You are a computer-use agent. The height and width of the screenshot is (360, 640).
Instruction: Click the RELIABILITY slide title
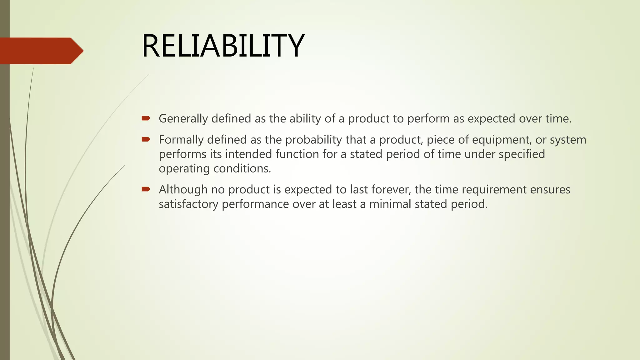click(x=223, y=46)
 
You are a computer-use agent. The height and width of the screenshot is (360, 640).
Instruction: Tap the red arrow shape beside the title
click(x=41, y=51)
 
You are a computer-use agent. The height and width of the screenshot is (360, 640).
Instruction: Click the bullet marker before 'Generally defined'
click(x=146, y=118)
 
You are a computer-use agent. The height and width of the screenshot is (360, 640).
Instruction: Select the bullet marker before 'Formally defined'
click(x=146, y=139)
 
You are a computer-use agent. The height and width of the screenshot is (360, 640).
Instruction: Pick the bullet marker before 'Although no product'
click(x=146, y=189)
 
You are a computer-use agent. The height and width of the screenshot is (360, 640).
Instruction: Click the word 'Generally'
click(x=183, y=119)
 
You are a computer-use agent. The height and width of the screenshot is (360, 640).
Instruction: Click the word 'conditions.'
click(x=242, y=168)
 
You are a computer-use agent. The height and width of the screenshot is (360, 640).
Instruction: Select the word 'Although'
click(x=183, y=189)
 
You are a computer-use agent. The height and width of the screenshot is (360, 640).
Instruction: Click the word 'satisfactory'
click(x=189, y=204)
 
